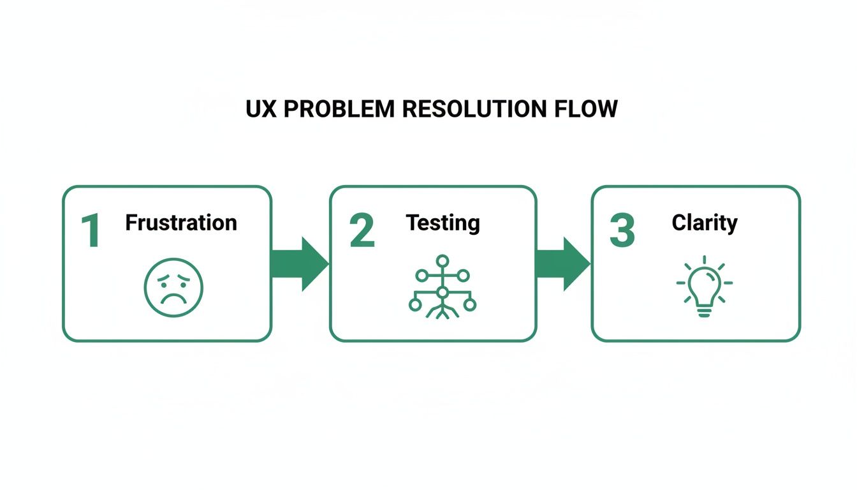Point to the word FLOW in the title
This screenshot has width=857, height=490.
click(591, 109)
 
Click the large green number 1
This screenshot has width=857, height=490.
click(91, 231)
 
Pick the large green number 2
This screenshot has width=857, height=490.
click(362, 231)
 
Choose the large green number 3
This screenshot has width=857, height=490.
click(622, 231)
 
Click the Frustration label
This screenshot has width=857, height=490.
click(181, 223)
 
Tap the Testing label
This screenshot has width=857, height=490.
click(443, 223)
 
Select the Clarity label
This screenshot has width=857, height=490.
click(705, 223)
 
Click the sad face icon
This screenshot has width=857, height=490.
click(173, 288)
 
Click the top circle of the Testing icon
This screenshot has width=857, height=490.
click(443, 261)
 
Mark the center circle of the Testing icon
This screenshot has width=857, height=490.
click(443, 292)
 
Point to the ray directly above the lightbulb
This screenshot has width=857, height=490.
click(704, 260)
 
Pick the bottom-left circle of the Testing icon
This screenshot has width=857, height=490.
click(415, 305)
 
